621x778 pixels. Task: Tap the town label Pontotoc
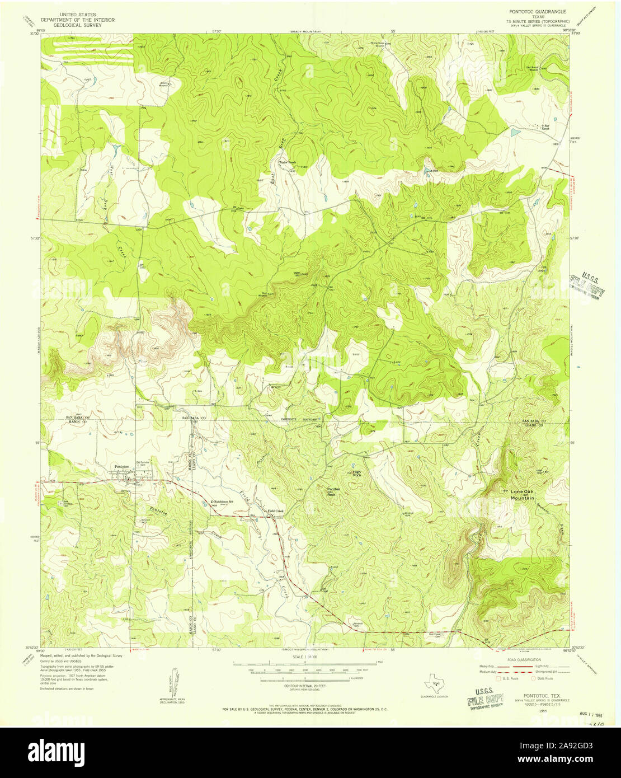(121, 466)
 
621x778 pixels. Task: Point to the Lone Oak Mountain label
(522, 494)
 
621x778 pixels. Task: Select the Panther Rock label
(335, 491)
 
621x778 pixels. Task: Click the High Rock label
(356, 474)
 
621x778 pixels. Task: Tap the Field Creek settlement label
(275, 511)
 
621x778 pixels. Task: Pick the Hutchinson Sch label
(222, 501)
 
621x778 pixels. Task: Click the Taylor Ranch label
(287, 163)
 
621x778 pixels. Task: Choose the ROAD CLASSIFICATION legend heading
(523, 660)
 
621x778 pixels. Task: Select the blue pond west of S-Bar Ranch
(514, 133)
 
